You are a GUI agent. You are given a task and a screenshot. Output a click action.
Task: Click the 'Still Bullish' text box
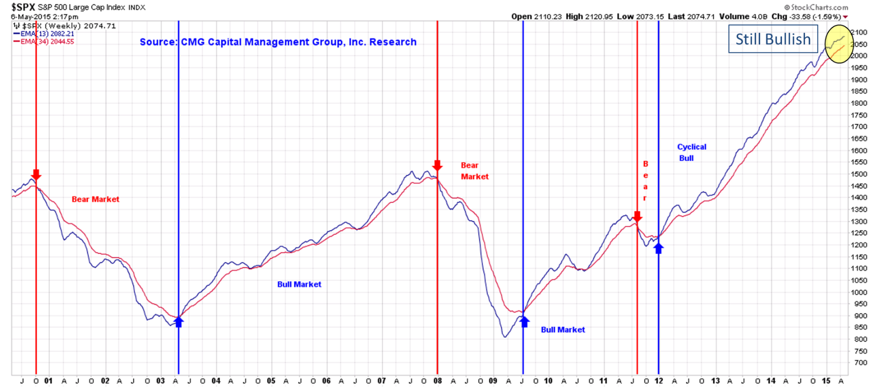[x=773, y=39]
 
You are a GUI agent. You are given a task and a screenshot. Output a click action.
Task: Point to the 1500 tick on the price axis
[x=859, y=174]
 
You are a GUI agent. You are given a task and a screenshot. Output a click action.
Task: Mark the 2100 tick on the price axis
[x=859, y=32]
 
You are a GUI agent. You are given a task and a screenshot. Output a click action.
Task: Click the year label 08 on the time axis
[x=437, y=381]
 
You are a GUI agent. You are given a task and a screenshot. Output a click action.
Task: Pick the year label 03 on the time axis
[x=161, y=381]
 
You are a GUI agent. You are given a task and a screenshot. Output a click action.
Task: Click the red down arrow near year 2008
[x=437, y=166]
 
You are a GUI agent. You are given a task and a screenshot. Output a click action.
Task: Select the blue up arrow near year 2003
[x=179, y=321]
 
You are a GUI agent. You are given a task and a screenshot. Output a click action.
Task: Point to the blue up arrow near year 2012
[x=659, y=247]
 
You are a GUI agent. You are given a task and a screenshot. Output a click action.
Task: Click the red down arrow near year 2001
[x=36, y=175]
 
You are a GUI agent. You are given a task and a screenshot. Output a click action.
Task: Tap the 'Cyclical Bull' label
[x=691, y=152]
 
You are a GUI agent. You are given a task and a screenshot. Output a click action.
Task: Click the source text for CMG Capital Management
[x=278, y=42]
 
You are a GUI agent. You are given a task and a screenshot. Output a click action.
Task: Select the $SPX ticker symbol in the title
[x=23, y=8]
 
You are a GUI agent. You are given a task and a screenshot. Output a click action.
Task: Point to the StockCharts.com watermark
[x=816, y=8]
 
